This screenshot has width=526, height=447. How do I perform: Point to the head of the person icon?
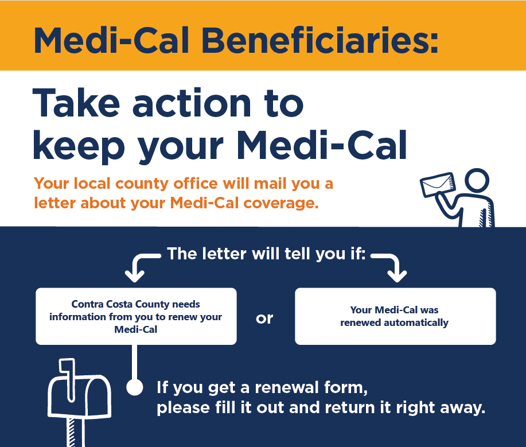click(477, 180)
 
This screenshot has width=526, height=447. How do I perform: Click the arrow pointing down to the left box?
click(141, 265)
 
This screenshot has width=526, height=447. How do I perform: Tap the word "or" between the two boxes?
click(264, 318)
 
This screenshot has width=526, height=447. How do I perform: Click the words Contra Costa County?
click(119, 304)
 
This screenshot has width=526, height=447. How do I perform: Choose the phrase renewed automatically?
click(394, 322)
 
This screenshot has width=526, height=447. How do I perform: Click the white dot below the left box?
click(135, 387)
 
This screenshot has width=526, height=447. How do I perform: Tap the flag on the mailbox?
click(68, 379)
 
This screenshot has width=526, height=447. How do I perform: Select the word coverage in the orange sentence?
click(280, 203)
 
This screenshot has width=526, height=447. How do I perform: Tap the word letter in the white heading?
click(224, 254)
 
